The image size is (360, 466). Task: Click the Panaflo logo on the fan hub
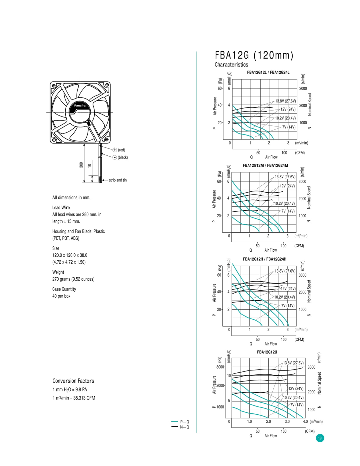pyautogui.click(x=80, y=106)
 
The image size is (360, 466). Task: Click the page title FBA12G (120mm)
pyautogui.click(x=254, y=55)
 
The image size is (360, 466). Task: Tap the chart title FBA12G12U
pyautogui.click(x=267, y=352)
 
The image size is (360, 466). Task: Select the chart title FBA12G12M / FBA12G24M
pyautogui.click(x=265, y=165)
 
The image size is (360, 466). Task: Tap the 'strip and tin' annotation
pyautogui.click(x=118, y=180)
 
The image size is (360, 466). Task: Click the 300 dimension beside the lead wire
pyautogui.click(x=81, y=165)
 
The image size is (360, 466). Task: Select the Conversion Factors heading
pyautogui.click(x=73, y=381)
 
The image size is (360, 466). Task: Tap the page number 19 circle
pyautogui.click(x=320, y=438)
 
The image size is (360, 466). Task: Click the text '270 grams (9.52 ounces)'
pyautogui.click(x=73, y=279)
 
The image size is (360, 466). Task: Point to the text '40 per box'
pyautogui.click(x=61, y=296)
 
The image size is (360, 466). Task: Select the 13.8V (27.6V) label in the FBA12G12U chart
pyautogui.click(x=293, y=363)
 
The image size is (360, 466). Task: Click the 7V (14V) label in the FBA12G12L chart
pyautogui.click(x=289, y=127)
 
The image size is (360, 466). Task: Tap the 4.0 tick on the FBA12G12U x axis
pyautogui.click(x=305, y=421)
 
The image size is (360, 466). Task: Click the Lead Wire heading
pyautogui.click(x=61, y=207)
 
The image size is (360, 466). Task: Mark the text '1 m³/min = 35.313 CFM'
pyautogui.click(x=74, y=398)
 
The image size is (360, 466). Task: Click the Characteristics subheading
pyautogui.click(x=231, y=65)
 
